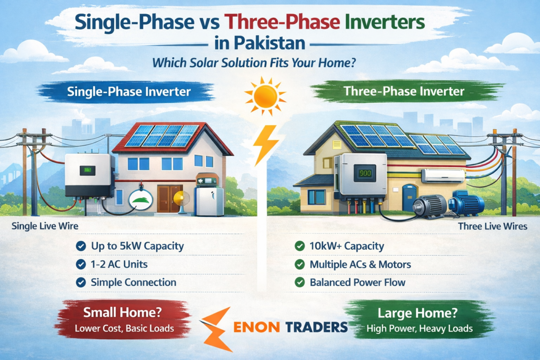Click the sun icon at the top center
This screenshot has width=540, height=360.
265,95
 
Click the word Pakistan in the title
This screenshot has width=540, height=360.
265,44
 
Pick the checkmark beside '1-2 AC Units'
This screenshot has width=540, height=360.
81,265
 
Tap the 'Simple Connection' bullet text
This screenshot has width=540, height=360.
133,283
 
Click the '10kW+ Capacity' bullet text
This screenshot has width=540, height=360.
346,246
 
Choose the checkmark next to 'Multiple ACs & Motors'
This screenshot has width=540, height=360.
299,265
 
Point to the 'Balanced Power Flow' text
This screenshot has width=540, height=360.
357,283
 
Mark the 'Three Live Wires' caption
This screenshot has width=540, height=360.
492,226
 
